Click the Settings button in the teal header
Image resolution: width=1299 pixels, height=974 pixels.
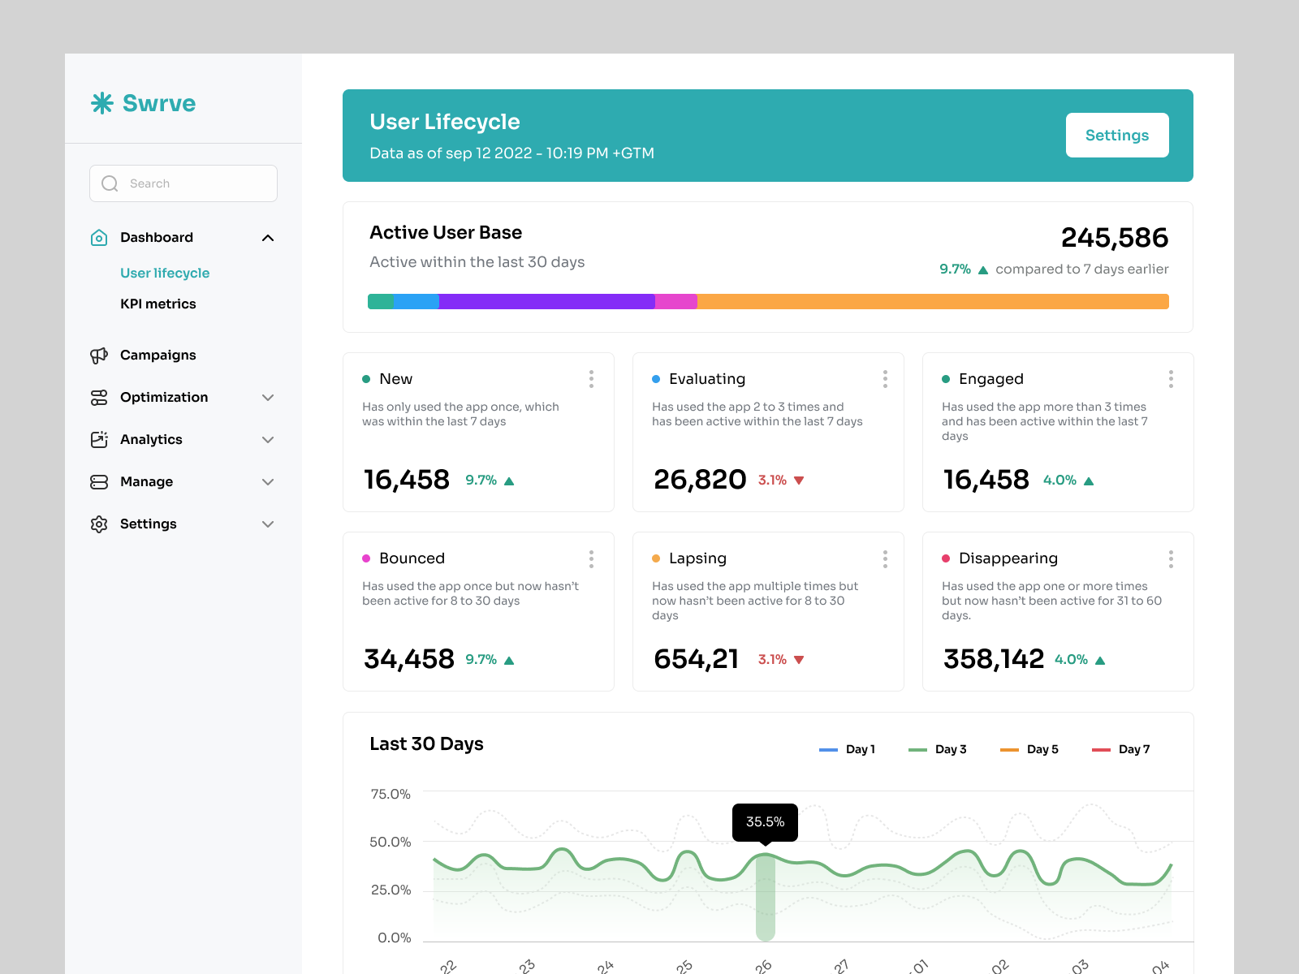(x=1116, y=136)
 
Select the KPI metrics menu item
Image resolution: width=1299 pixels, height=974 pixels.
(x=158, y=304)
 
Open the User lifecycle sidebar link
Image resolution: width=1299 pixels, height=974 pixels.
(x=165, y=273)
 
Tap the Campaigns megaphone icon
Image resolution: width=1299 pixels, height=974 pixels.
(x=99, y=356)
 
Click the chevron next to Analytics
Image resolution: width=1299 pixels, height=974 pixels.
(x=268, y=440)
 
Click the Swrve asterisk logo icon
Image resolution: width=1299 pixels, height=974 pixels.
(x=102, y=103)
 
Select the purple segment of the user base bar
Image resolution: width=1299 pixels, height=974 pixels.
(x=546, y=302)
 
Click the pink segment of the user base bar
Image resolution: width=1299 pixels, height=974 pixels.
(x=675, y=302)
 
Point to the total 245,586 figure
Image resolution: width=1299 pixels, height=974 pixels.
(x=1114, y=238)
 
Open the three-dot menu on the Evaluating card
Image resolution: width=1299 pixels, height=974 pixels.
(x=885, y=379)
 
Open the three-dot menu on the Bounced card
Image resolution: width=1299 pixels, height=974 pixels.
(x=591, y=558)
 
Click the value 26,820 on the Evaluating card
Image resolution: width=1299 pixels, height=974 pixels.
(x=700, y=480)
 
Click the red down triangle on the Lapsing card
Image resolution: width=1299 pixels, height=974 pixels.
(x=799, y=660)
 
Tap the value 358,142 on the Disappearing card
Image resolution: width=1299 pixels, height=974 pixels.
(x=993, y=659)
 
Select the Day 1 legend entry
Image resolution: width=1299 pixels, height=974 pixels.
(x=848, y=749)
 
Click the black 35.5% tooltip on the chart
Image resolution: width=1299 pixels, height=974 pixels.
(x=765, y=822)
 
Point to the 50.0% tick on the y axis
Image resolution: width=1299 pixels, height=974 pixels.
(x=391, y=843)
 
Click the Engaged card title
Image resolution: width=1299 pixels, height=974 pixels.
(x=990, y=379)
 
